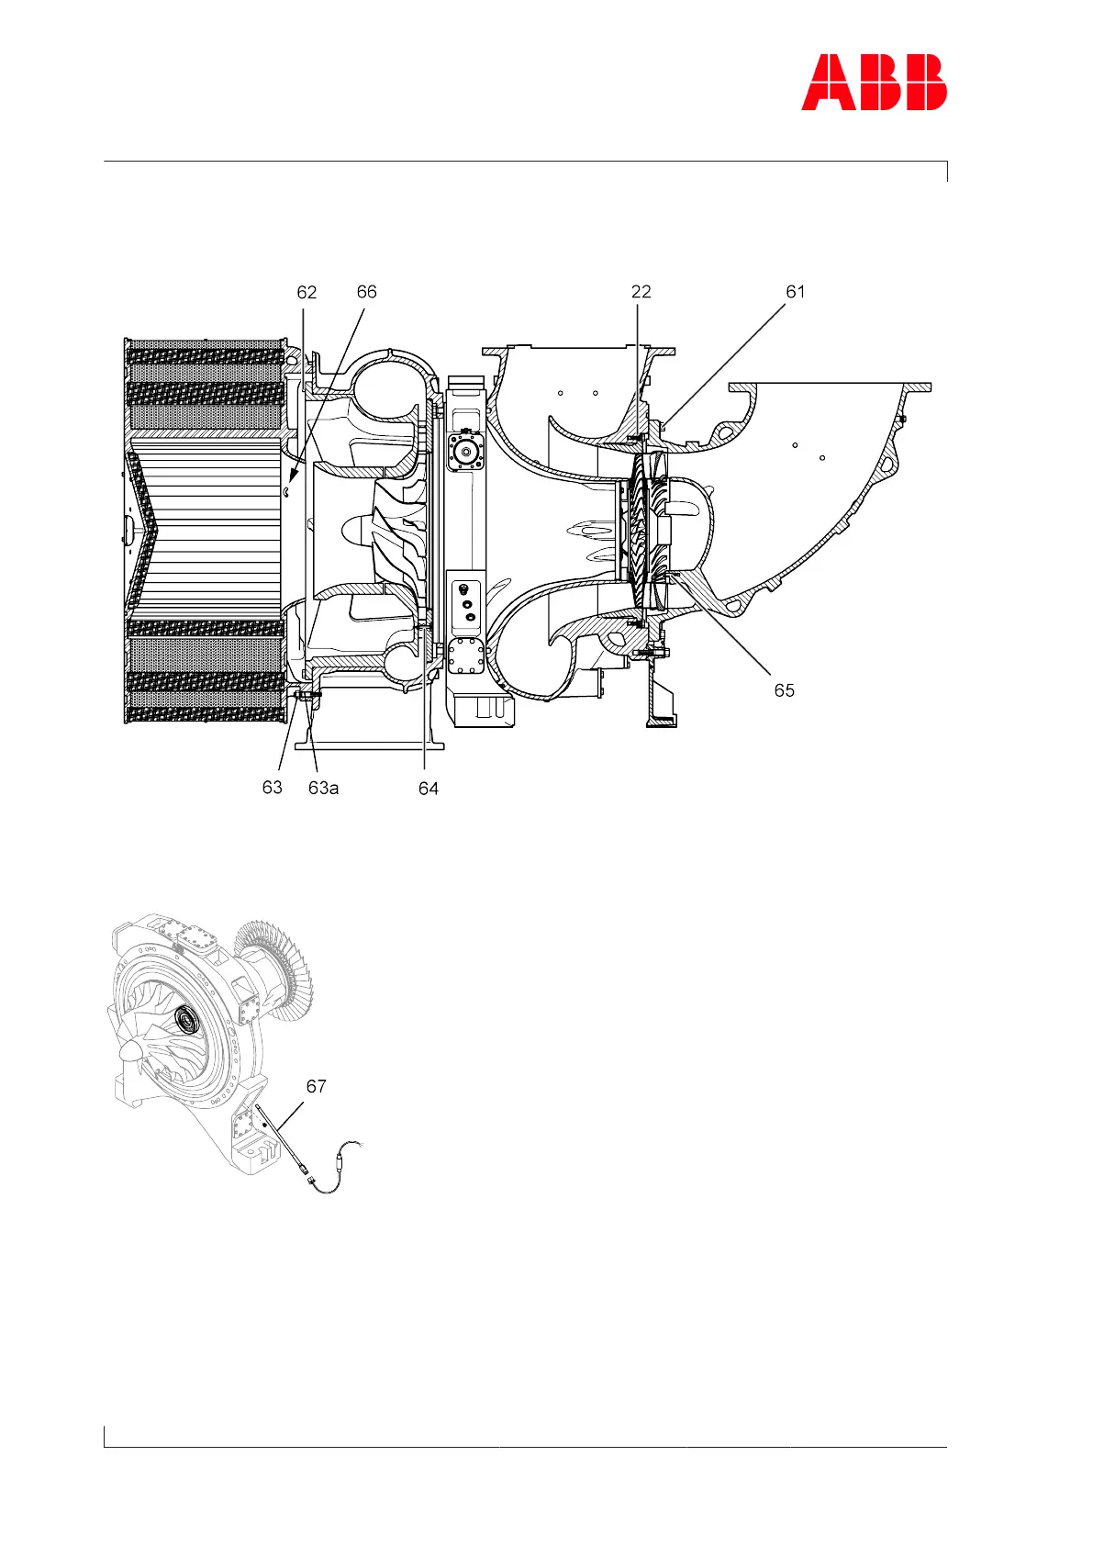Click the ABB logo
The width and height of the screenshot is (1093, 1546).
pos(874,83)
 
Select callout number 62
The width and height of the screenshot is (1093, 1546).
pos(307,292)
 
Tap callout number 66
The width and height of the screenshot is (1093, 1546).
pos(366,292)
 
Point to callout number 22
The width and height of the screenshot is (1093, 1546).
pos(641,292)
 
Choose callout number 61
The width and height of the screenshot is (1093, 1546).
pos(795,292)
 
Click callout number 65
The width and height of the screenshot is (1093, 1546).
pos(784,690)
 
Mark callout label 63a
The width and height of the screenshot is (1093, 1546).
pos(323,788)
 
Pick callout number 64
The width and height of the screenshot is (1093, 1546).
pos(429,788)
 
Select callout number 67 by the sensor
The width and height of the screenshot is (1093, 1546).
pos(316,1086)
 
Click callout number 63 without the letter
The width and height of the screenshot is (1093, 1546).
pos(272,788)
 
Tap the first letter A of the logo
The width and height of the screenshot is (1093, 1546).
pos(824,83)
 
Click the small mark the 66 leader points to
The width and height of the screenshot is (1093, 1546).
pos(286,491)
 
